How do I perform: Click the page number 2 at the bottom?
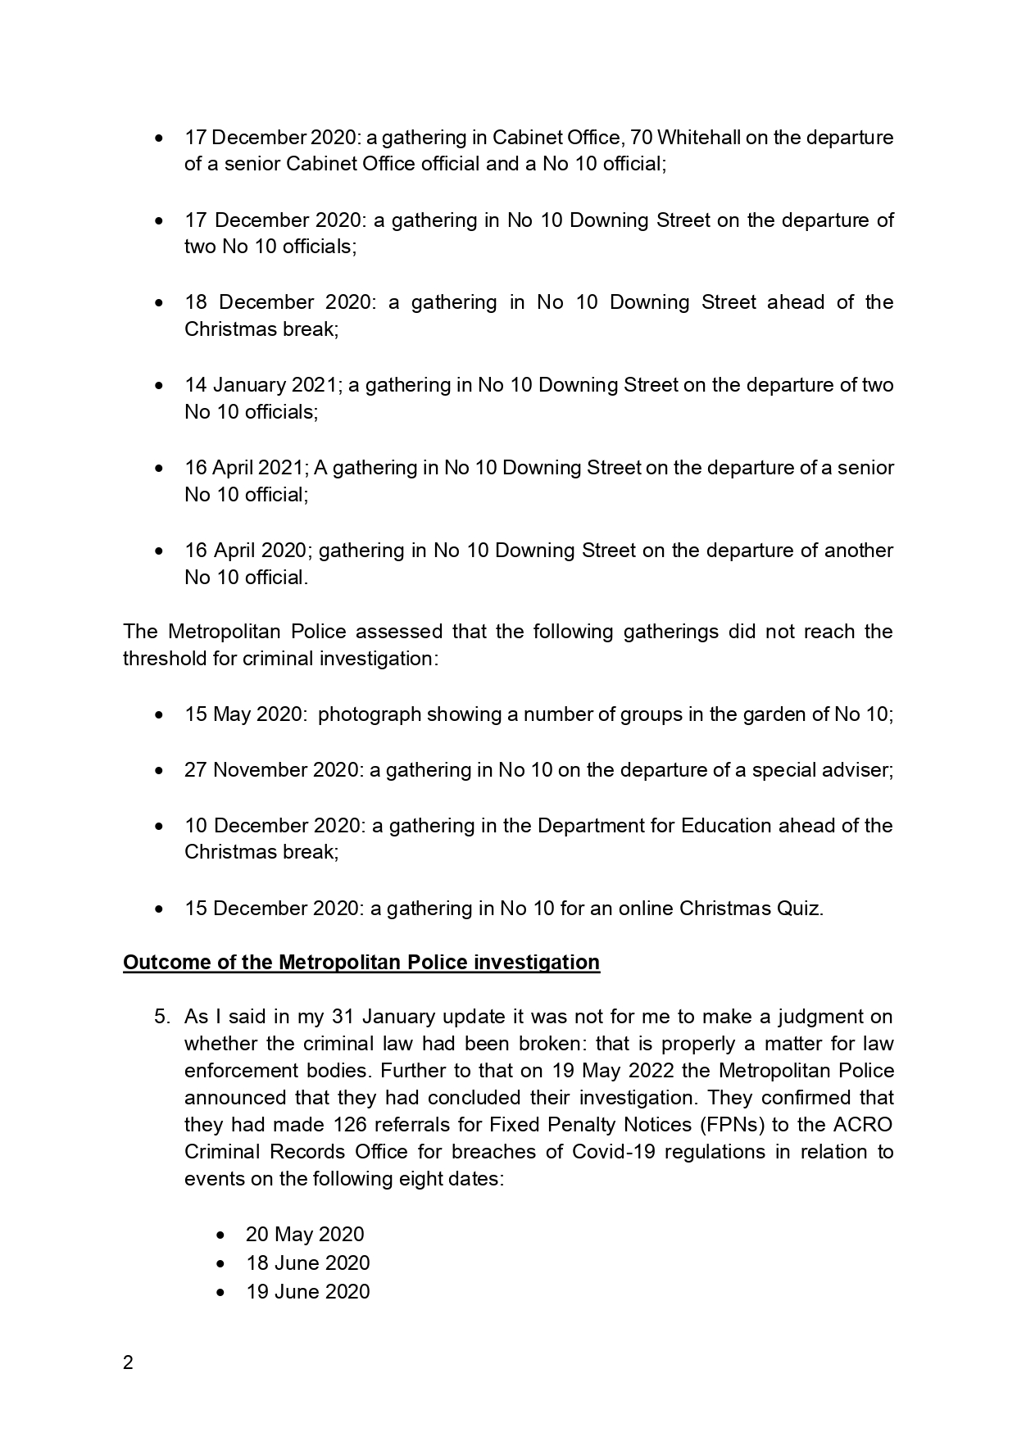(128, 1363)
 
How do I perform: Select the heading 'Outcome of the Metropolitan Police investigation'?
(361, 962)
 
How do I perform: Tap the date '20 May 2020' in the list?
(305, 1235)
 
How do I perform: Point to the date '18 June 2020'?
(308, 1263)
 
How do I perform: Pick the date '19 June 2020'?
(308, 1292)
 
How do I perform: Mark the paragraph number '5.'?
(162, 1017)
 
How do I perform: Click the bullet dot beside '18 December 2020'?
(159, 303)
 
